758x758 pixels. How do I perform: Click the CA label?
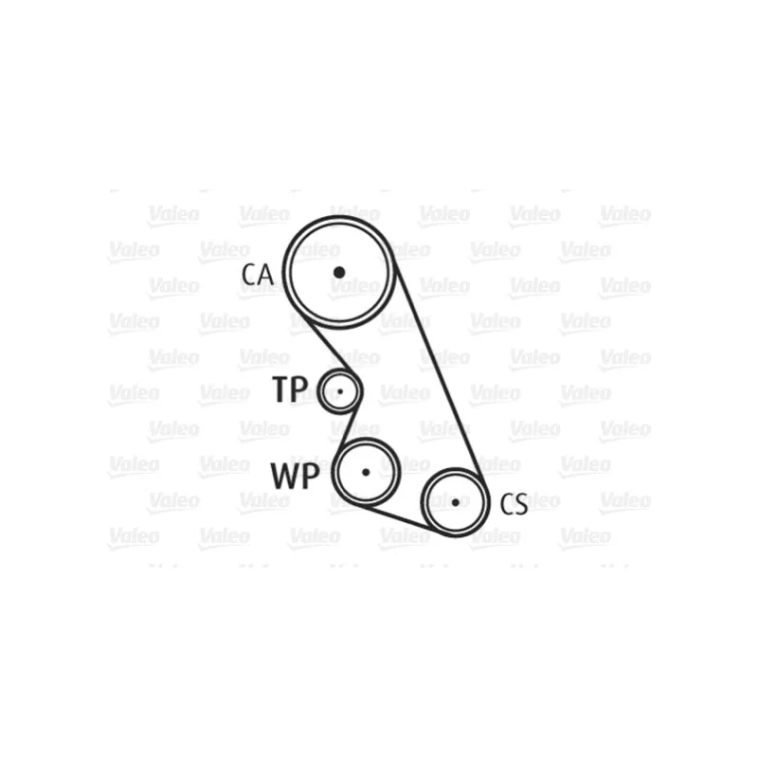click(x=257, y=275)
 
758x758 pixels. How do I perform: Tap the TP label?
click(x=290, y=388)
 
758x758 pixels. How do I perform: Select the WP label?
click(x=295, y=476)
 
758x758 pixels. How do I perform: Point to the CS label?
click(x=514, y=504)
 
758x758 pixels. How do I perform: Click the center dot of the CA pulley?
click(x=339, y=273)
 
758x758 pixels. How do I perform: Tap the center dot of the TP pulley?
click(x=340, y=391)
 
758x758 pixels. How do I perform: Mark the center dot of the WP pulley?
click(x=366, y=472)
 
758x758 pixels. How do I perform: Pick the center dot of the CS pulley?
click(x=456, y=503)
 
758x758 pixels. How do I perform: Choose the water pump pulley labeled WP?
click(x=334, y=472)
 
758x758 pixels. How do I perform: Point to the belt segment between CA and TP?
click(x=329, y=345)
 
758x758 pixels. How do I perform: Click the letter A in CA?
click(x=265, y=275)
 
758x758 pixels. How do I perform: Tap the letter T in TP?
click(x=281, y=388)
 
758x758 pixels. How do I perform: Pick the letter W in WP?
click(x=285, y=477)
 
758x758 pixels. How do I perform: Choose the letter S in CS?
click(x=521, y=504)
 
